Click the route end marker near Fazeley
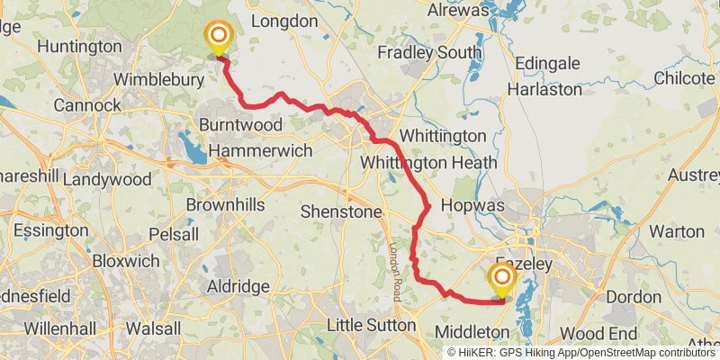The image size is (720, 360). [500, 278]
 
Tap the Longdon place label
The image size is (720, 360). [284, 21]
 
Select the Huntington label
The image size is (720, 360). [80, 46]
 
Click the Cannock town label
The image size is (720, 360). [87, 105]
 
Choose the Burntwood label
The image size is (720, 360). [234, 123]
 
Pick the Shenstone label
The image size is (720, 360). [341, 211]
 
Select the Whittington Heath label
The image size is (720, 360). [427, 163]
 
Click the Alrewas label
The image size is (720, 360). [458, 11]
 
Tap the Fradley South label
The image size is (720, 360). [429, 53]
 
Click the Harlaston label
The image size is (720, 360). [544, 90]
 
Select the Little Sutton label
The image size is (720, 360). [371, 324]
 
